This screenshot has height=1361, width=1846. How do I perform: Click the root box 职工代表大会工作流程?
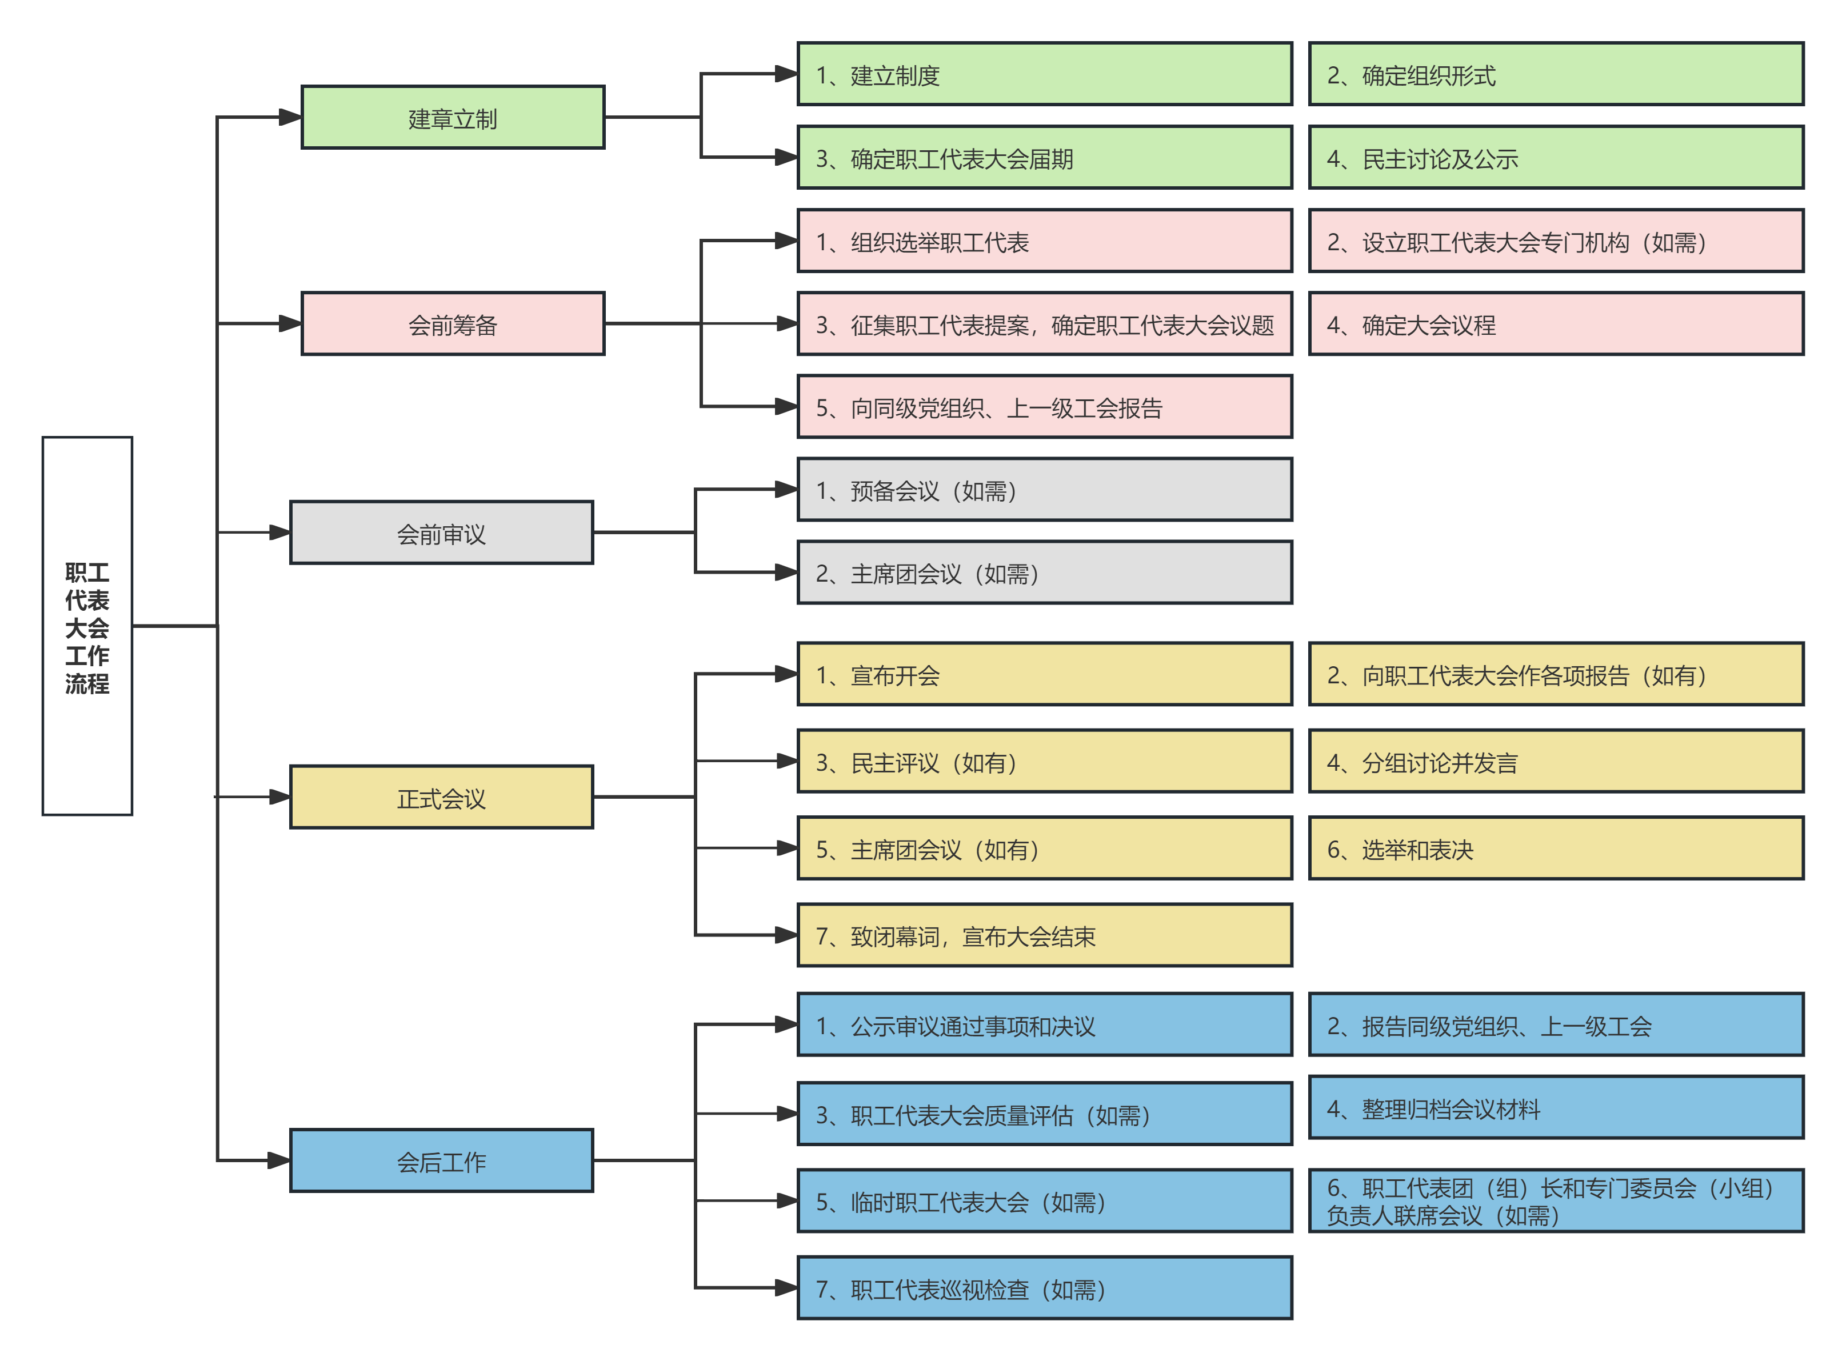pos(87,626)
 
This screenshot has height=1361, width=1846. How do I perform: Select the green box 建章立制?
pos(453,118)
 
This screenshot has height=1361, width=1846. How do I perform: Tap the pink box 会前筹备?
pos(453,324)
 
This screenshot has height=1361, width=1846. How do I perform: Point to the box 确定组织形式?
pos(1555,75)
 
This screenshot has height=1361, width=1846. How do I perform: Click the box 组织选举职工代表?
pos(1044,241)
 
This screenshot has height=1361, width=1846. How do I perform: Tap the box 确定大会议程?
pos(1555,324)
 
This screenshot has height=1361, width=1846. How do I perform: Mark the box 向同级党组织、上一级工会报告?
pos(1044,407)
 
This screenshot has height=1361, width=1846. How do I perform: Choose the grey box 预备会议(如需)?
pos(1044,490)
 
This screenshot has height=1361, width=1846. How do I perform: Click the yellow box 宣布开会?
pos(1044,675)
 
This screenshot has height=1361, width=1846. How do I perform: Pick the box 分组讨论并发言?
pos(1555,762)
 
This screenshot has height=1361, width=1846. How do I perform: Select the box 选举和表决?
pos(1555,848)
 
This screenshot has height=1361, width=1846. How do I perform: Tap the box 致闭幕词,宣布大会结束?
pos(1044,936)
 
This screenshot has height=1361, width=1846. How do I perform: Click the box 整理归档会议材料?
pos(1555,1108)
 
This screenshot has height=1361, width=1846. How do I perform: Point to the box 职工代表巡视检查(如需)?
pos(1044,1288)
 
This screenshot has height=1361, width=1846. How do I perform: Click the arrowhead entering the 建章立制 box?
pos(290,118)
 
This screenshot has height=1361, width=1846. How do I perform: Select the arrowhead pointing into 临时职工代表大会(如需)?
pos(787,1201)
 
